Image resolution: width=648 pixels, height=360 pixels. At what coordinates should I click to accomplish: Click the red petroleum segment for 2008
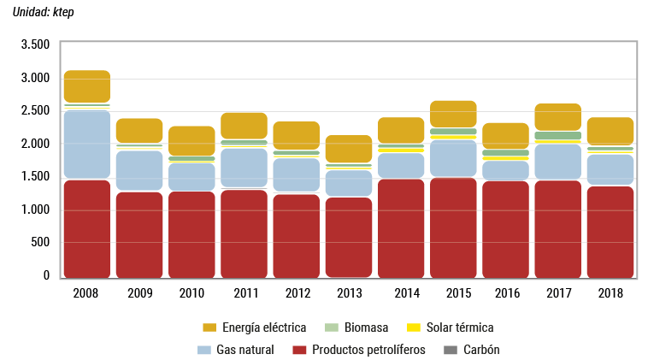point(86,228)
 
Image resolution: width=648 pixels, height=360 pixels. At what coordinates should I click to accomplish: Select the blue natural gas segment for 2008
point(86,144)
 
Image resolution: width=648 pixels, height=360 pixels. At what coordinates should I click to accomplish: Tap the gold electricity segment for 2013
point(349,149)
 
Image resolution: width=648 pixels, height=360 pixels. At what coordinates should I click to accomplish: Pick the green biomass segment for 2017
point(558,136)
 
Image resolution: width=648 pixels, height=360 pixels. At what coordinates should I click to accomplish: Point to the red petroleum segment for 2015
point(453,227)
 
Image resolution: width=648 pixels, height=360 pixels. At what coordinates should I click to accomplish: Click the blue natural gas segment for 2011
point(244,168)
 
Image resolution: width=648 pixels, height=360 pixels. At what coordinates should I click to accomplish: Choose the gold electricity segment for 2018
point(610,131)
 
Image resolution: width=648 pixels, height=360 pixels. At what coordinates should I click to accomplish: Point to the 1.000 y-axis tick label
point(35,210)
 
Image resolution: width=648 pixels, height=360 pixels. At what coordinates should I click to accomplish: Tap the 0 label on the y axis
point(47,275)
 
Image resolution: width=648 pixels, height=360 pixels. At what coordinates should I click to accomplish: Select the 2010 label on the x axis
point(191,293)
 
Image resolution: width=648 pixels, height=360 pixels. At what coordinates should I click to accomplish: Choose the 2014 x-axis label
point(401,293)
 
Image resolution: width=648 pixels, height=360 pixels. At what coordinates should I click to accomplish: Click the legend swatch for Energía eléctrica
point(209,328)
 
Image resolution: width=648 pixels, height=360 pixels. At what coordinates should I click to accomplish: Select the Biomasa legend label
point(368,328)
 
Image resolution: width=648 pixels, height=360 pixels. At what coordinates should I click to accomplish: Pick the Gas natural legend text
point(245,350)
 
